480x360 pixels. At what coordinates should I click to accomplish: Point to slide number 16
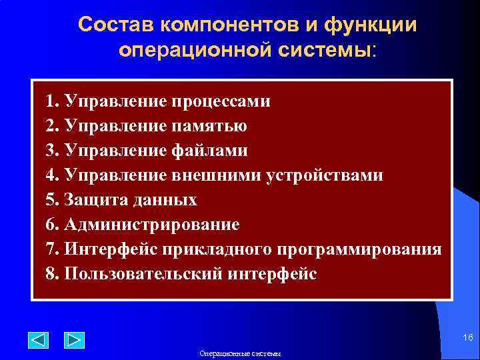pyautogui.click(x=468, y=338)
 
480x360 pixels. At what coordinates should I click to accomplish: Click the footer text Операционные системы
pyautogui.click(x=240, y=354)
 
